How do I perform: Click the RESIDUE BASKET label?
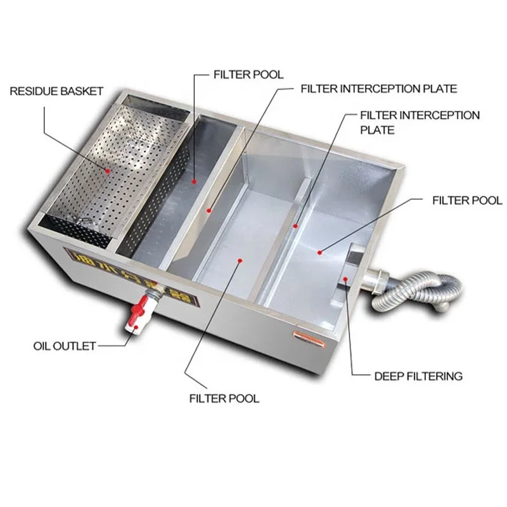click(x=56, y=91)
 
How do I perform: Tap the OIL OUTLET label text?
click(x=64, y=346)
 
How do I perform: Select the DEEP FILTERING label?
click(x=418, y=376)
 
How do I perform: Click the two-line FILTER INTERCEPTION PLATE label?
click(x=420, y=122)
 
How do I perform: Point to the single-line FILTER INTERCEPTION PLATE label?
click(x=378, y=89)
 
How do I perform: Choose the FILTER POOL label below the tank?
click(x=224, y=399)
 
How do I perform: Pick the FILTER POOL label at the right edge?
click(x=466, y=200)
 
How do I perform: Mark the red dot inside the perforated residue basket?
click(x=108, y=170)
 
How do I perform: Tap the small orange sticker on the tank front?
click(x=307, y=333)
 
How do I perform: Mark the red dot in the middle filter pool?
click(x=239, y=259)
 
